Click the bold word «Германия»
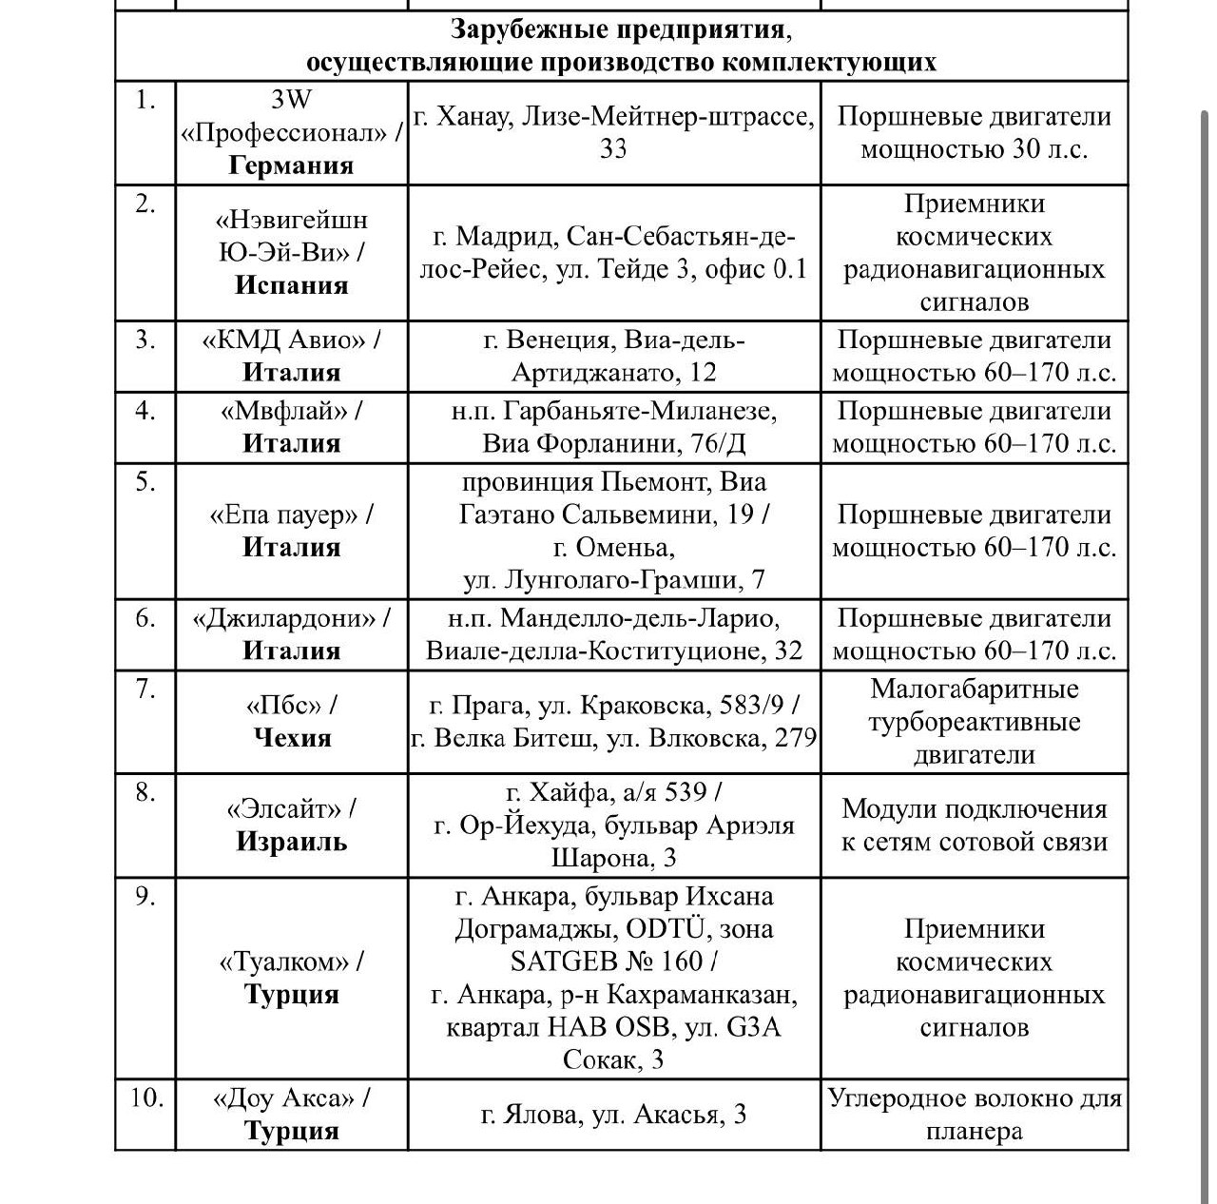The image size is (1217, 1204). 291,165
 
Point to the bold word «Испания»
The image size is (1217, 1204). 291,285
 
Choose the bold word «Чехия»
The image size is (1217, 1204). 292,738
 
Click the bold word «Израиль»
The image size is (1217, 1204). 291,842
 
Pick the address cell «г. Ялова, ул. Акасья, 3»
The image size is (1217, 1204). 613,1115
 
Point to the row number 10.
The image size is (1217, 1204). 146,1098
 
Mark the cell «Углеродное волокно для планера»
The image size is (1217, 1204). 974,1115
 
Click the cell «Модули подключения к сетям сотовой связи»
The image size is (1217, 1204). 974,825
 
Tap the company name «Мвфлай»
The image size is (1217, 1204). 284,412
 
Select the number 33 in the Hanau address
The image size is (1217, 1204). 613,149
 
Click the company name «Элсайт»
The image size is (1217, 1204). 284,809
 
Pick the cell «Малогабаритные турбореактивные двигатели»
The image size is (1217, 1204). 974,722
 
